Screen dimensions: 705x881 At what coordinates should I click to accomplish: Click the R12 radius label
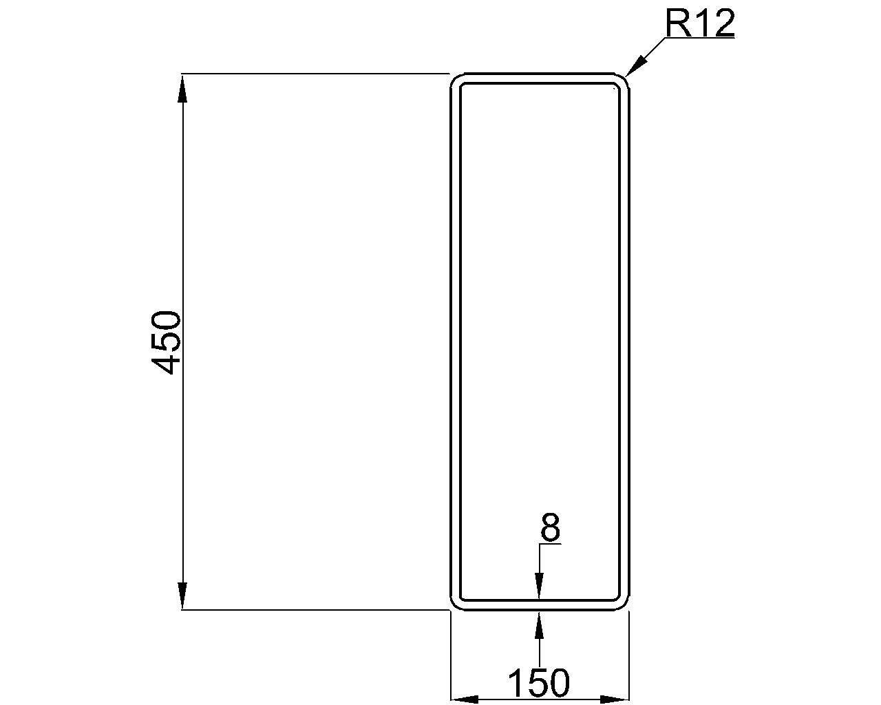(x=700, y=24)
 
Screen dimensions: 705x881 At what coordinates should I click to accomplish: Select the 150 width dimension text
(x=539, y=683)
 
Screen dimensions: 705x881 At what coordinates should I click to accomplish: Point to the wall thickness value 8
(x=550, y=529)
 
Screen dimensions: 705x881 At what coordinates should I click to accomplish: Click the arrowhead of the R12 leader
(x=634, y=67)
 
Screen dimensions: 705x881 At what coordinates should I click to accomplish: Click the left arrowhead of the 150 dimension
(x=465, y=699)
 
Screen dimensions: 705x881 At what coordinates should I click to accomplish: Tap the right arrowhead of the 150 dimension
(x=615, y=699)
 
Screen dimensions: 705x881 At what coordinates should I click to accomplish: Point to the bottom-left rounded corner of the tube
(x=456, y=603)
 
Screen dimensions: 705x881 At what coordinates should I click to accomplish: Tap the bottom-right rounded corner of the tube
(x=623, y=603)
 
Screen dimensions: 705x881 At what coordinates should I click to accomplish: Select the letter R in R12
(x=678, y=24)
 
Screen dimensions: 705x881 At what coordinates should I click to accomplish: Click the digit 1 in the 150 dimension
(x=518, y=683)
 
